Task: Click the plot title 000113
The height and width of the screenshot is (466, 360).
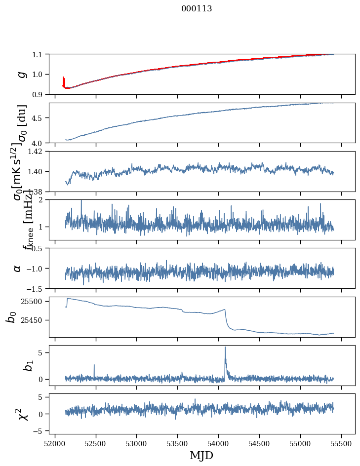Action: [x=197, y=8]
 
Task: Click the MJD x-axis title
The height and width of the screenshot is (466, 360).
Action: [x=201, y=456]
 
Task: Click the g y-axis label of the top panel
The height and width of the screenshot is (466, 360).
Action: [x=20, y=74]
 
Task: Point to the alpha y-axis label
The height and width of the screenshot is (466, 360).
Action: [x=18, y=268]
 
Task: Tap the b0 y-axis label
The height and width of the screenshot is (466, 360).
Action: [x=11, y=317]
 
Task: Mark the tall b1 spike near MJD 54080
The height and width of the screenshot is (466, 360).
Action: [x=225, y=349]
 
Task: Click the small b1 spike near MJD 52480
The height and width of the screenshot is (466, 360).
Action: [x=94, y=366]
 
